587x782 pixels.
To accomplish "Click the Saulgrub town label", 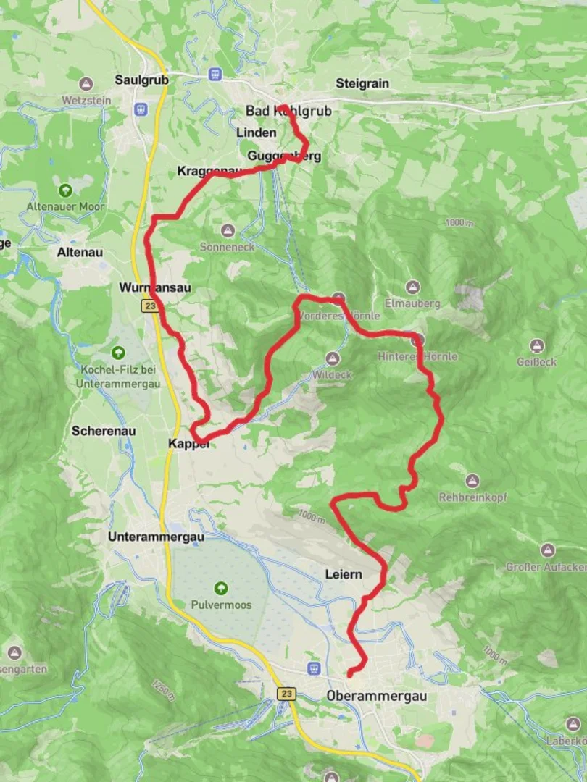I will click(141, 80).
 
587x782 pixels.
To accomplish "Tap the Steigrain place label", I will click(362, 84).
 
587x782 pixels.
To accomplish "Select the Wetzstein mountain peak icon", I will click(87, 84).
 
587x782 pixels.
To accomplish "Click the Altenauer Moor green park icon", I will click(65, 190).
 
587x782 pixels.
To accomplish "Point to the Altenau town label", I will click(80, 253).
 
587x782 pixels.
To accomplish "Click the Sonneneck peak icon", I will click(228, 230).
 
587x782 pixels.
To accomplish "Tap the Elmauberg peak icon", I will click(412, 287).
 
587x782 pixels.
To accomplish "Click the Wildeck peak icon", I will click(332, 358).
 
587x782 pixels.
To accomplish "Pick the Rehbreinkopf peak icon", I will click(472, 481).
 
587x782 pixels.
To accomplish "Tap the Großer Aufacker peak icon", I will click(547, 550).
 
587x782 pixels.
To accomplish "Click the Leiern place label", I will click(344, 574).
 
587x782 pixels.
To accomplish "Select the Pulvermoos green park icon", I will click(221, 588).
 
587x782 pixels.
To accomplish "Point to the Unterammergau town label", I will click(156, 537).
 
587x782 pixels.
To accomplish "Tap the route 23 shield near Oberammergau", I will click(286, 694).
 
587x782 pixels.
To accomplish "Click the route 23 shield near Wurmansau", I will click(149, 306).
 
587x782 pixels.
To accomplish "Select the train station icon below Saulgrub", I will click(140, 109).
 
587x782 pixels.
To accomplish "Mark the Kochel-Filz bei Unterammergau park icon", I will click(118, 353).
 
